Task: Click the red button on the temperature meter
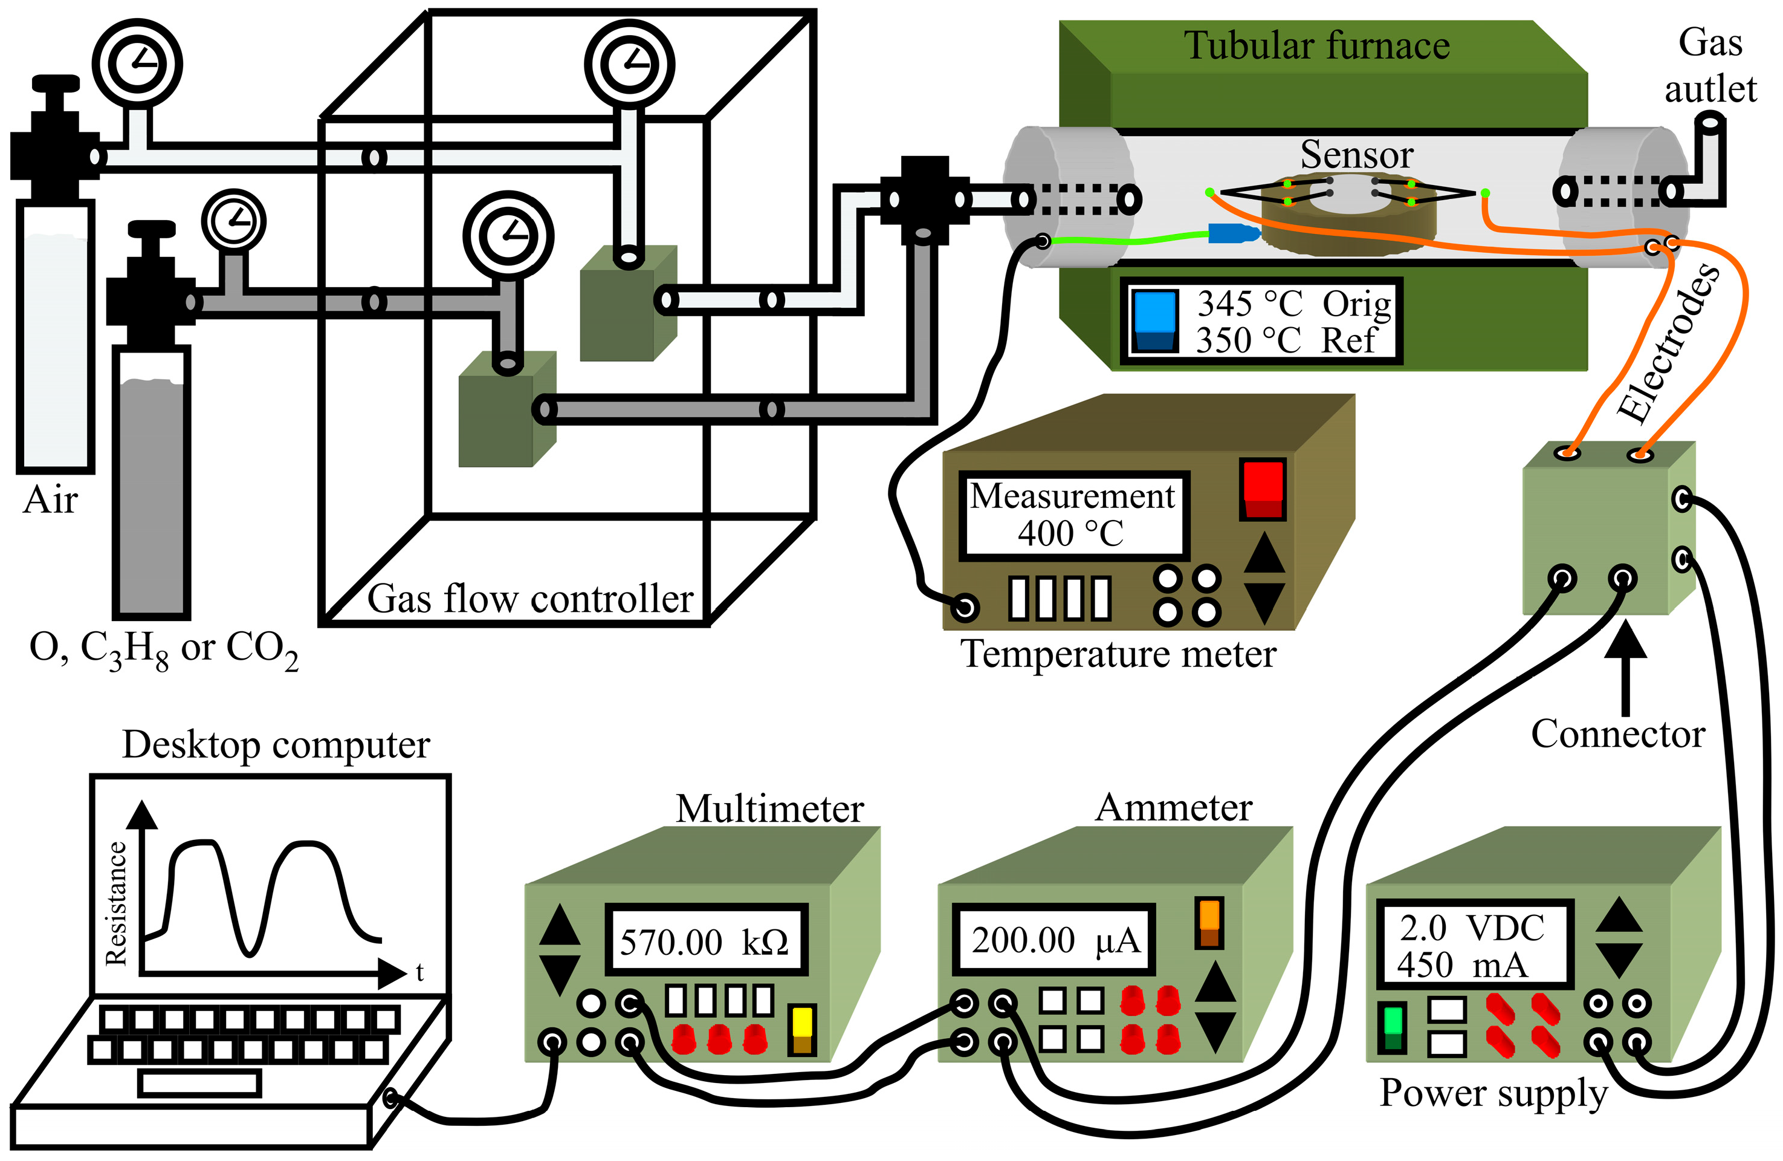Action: click(1263, 489)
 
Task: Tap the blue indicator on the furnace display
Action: click(1154, 321)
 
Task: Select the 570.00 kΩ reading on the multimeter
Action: click(704, 942)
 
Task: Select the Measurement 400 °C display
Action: click(1073, 515)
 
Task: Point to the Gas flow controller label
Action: click(531, 599)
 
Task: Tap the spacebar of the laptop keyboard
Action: click(200, 1084)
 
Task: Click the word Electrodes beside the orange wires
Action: click(1669, 344)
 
